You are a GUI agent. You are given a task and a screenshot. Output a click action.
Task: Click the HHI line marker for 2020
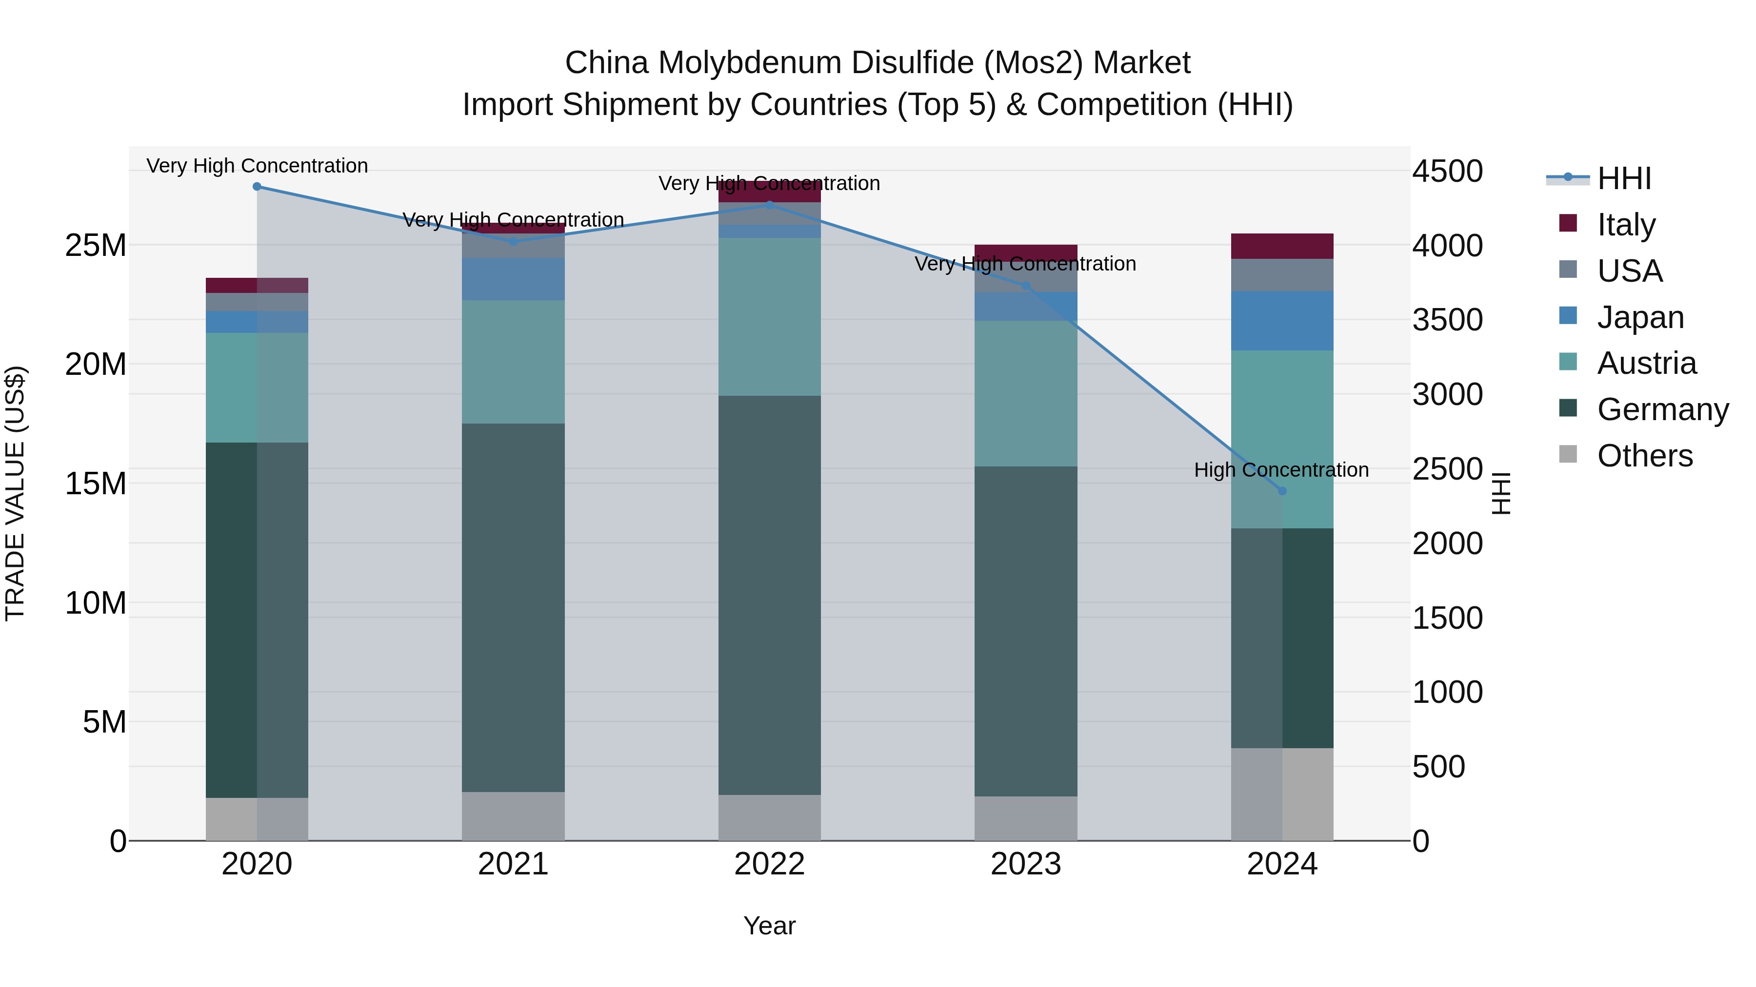[257, 187]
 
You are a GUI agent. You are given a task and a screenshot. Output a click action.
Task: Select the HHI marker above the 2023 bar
[1026, 286]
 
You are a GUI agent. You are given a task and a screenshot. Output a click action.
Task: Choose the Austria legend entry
[1646, 363]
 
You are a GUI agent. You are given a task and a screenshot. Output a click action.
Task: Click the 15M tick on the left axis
[96, 484]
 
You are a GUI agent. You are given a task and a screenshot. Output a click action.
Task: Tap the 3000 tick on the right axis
[1447, 394]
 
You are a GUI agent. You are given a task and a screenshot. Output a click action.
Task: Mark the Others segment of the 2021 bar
[513, 815]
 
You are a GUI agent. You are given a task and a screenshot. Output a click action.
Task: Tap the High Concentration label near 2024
[1281, 470]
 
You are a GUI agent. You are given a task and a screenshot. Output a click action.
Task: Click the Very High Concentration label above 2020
[257, 166]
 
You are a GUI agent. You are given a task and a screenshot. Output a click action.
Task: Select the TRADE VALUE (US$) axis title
[15, 493]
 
